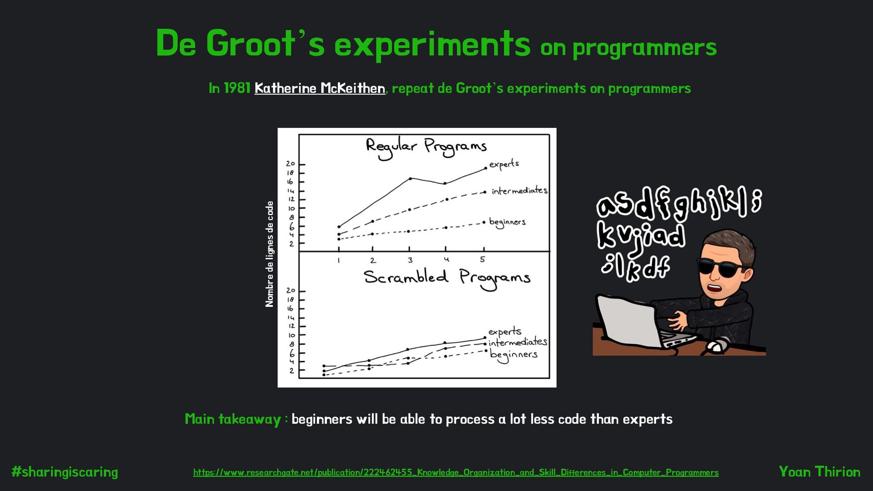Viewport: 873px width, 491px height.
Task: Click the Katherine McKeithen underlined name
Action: pos(320,88)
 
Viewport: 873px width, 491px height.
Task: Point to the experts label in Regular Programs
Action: pos(504,164)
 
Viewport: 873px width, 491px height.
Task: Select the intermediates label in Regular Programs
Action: pos(519,190)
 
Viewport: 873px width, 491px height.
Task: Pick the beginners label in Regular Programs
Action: pos(507,222)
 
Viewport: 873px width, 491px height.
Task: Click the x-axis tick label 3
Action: pos(410,260)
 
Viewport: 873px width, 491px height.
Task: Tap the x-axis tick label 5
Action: pos(482,259)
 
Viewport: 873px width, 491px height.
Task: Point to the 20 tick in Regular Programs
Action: pos(291,164)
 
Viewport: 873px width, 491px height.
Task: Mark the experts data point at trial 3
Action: pos(410,179)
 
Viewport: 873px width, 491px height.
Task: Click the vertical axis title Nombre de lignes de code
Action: pos(270,254)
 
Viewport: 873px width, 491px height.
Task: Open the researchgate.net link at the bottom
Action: pos(456,472)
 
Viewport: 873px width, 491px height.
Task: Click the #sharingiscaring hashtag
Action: pos(65,472)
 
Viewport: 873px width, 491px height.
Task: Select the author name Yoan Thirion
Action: pos(819,471)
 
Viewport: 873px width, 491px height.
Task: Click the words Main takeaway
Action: pos(233,419)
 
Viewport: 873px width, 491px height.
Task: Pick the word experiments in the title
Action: pos(432,44)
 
